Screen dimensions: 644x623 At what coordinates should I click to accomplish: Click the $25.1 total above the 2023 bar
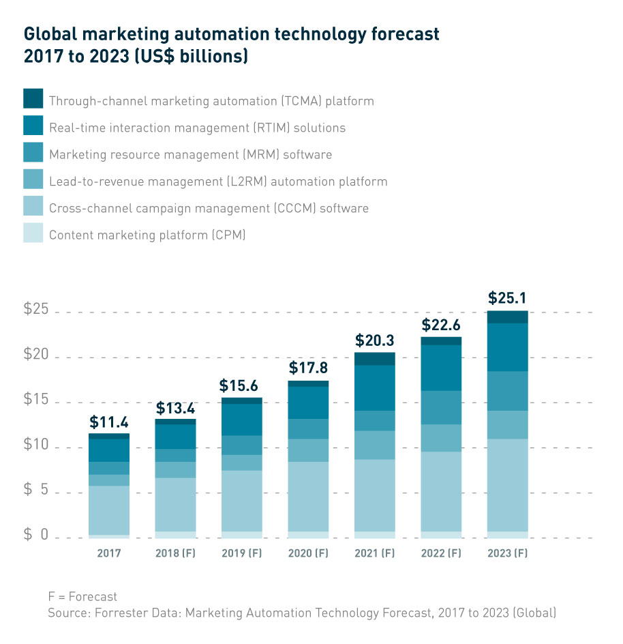pos(507,299)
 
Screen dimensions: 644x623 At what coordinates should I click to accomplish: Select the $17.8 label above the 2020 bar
pos(308,368)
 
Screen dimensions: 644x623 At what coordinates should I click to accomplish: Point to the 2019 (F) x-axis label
pos(241,553)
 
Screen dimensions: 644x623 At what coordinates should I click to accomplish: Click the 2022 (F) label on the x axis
pos(440,553)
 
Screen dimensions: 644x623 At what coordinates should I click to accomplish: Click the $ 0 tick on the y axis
pos(37,536)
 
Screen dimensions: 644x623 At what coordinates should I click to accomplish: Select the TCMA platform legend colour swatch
pos(33,99)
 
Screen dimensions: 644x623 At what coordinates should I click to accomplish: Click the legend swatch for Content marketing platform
pos(33,233)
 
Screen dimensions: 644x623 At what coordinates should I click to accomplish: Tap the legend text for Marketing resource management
pos(190,155)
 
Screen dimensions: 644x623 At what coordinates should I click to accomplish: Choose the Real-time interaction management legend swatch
pos(33,126)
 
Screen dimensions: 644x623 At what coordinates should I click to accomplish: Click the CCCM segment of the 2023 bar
pos(507,485)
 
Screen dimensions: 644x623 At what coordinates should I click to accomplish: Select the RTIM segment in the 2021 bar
pos(374,387)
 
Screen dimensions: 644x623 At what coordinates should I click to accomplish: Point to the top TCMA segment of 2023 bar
pos(507,317)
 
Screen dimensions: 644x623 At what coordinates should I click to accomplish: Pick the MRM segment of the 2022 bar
pos(440,407)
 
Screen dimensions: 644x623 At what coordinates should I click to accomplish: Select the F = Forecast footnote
pos(82,597)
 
